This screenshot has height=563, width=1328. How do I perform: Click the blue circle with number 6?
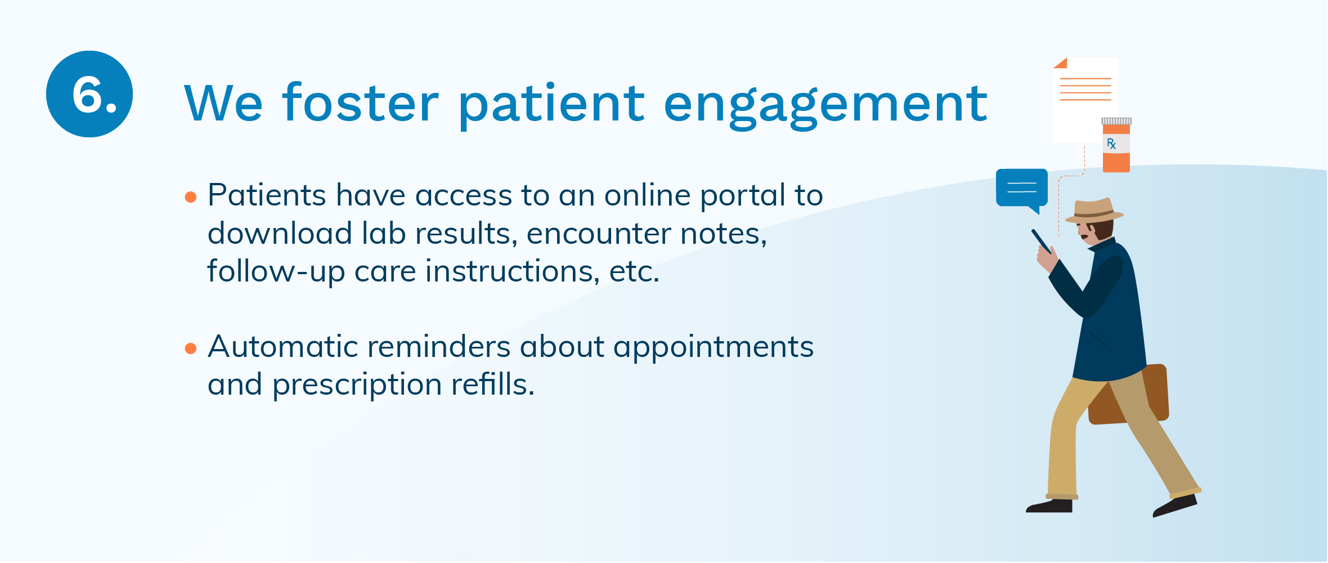(x=89, y=94)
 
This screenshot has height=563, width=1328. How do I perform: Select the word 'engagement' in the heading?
(x=825, y=107)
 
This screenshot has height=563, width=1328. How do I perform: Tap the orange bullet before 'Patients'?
(x=191, y=197)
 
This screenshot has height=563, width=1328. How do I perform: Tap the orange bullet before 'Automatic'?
(x=191, y=348)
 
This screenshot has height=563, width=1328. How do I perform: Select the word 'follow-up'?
(x=276, y=272)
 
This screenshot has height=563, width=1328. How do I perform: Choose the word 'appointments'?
(x=714, y=348)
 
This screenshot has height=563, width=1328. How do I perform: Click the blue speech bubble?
(x=1022, y=189)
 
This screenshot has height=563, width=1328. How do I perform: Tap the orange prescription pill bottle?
(x=1116, y=145)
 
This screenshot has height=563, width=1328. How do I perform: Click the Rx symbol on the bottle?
(x=1111, y=144)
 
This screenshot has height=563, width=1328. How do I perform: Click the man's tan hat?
(x=1093, y=211)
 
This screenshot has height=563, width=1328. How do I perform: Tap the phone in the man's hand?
(x=1041, y=242)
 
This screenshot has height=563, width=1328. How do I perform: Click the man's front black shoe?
(x=1049, y=506)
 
